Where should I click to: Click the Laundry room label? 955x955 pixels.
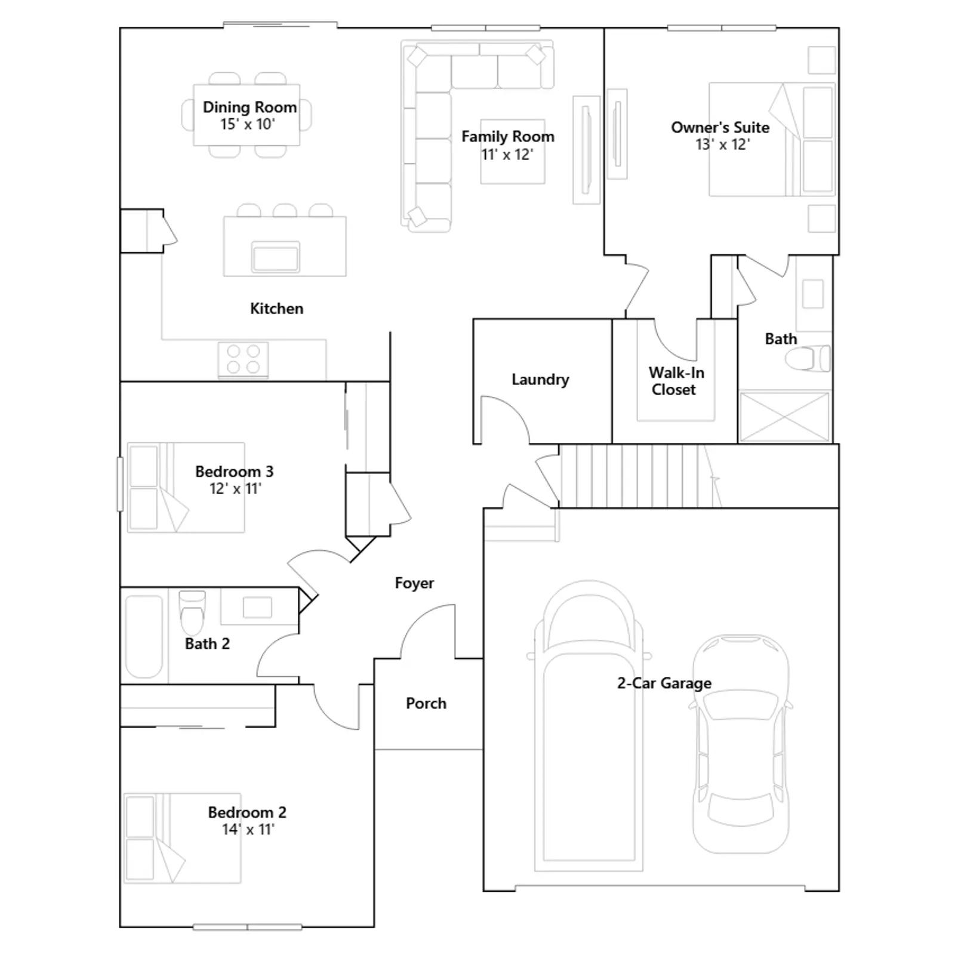click(540, 380)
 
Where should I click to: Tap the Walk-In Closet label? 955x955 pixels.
click(676, 381)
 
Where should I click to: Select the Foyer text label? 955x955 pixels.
click(414, 583)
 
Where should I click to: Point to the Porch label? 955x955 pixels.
click(426, 703)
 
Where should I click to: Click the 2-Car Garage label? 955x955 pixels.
click(664, 683)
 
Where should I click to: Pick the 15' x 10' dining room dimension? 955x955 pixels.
click(247, 124)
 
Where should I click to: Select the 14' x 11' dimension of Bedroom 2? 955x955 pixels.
click(248, 829)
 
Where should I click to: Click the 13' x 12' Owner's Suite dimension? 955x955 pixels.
click(722, 144)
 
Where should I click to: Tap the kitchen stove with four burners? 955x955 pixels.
click(243, 359)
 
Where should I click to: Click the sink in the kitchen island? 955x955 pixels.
click(275, 257)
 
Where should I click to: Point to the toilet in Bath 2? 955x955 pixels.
click(192, 613)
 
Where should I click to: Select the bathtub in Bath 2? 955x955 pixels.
click(144, 636)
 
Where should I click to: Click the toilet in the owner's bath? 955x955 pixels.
click(808, 359)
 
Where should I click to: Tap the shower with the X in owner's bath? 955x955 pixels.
click(784, 417)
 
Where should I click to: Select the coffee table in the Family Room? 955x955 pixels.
click(513, 152)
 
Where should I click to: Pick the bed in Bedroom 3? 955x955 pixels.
click(186, 487)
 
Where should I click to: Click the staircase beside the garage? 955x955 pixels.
click(639, 476)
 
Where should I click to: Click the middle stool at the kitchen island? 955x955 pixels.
click(285, 210)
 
